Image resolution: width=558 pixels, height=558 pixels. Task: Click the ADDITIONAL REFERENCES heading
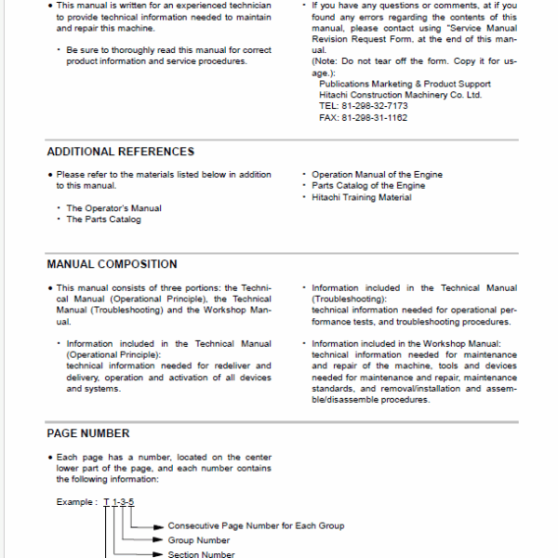pyautogui.click(x=121, y=152)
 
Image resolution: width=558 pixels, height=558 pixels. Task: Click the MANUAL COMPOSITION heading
pyautogui.click(x=112, y=264)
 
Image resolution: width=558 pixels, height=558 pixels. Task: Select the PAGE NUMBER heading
pyautogui.click(x=88, y=433)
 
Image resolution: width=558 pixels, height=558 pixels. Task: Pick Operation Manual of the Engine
pyautogui.click(x=377, y=175)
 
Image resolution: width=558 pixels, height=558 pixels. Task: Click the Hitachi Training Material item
pyautogui.click(x=362, y=197)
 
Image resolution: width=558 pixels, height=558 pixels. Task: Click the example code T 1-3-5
pyautogui.click(x=119, y=502)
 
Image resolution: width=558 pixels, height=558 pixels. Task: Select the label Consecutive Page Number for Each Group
pyautogui.click(x=256, y=525)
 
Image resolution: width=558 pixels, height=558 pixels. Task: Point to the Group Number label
pyautogui.click(x=198, y=540)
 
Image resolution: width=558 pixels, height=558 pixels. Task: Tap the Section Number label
pyautogui.click(x=202, y=554)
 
